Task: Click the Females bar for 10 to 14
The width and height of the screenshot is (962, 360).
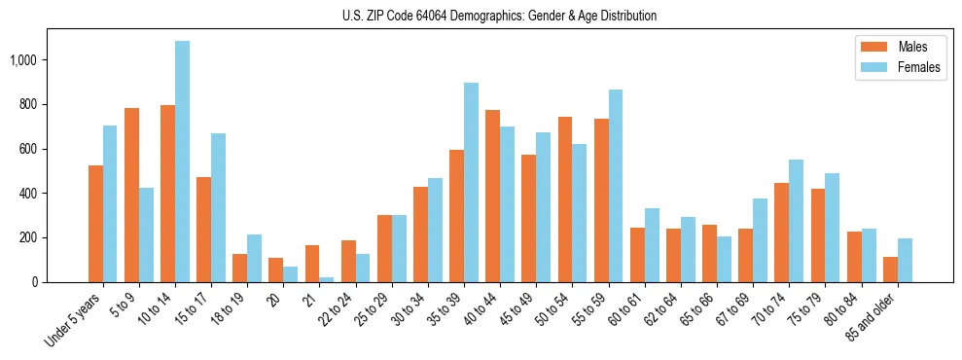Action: [x=182, y=162]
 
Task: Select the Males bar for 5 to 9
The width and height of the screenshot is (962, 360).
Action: [x=131, y=195]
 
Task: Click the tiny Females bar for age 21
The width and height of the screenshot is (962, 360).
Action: [x=327, y=279]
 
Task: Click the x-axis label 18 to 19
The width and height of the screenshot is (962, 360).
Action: [x=228, y=310]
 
